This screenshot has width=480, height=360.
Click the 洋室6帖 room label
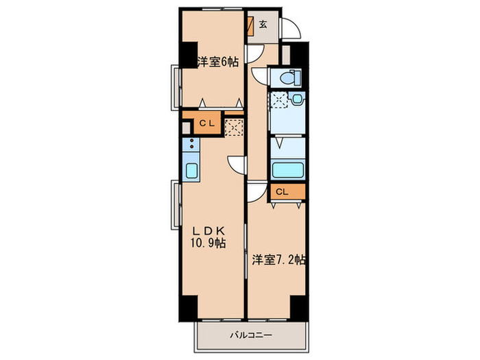pyautogui.click(x=217, y=62)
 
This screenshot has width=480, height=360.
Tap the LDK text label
pyautogui.click(x=208, y=230)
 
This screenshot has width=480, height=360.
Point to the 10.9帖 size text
pyautogui.click(x=208, y=243)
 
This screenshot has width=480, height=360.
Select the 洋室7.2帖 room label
pyautogui.click(x=278, y=260)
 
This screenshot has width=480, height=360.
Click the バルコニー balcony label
pyautogui.click(x=251, y=335)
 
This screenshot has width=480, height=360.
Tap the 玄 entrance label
pyautogui.click(x=263, y=25)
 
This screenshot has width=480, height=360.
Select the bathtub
pyautogui.click(x=288, y=170)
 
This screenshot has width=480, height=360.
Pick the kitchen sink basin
pyautogui.click(x=191, y=171)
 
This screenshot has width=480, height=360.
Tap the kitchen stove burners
pyautogui.click(x=191, y=143)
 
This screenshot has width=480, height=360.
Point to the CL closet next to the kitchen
pyautogui.click(x=206, y=123)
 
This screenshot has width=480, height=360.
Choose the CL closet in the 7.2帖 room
pyautogui.click(x=288, y=192)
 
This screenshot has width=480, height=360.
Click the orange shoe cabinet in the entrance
pyautogui.click(x=251, y=26)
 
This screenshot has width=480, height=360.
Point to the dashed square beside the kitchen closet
pyautogui.click(x=234, y=128)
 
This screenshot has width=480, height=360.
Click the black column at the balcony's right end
pyautogui.click(x=298, y=308)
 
